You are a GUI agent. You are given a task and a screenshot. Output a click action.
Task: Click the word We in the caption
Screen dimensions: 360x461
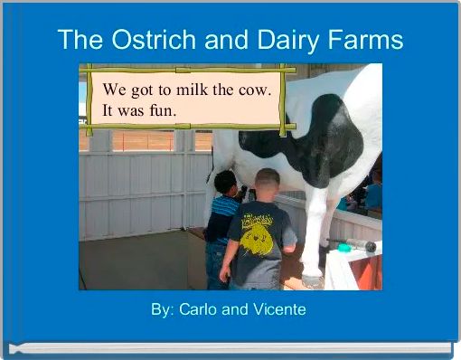(114, 90)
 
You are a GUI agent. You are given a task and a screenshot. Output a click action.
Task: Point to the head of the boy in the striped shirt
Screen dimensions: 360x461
(226, 184)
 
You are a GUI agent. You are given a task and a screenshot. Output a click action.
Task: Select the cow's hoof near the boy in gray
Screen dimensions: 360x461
(311, 281)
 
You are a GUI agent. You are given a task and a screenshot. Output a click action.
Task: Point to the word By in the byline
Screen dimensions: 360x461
(162, 309)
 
